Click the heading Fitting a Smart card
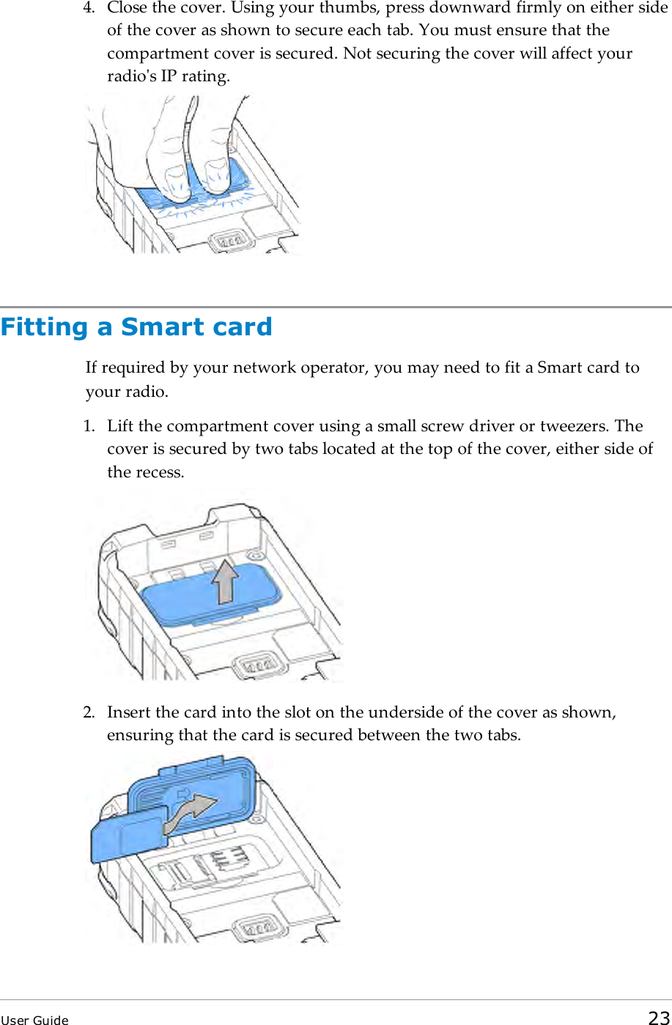pyautogui.click(x=136, y=327)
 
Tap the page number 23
pyautogui.click(x=658, y=1017)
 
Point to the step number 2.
pyautogui.click(x=88, y=712)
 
